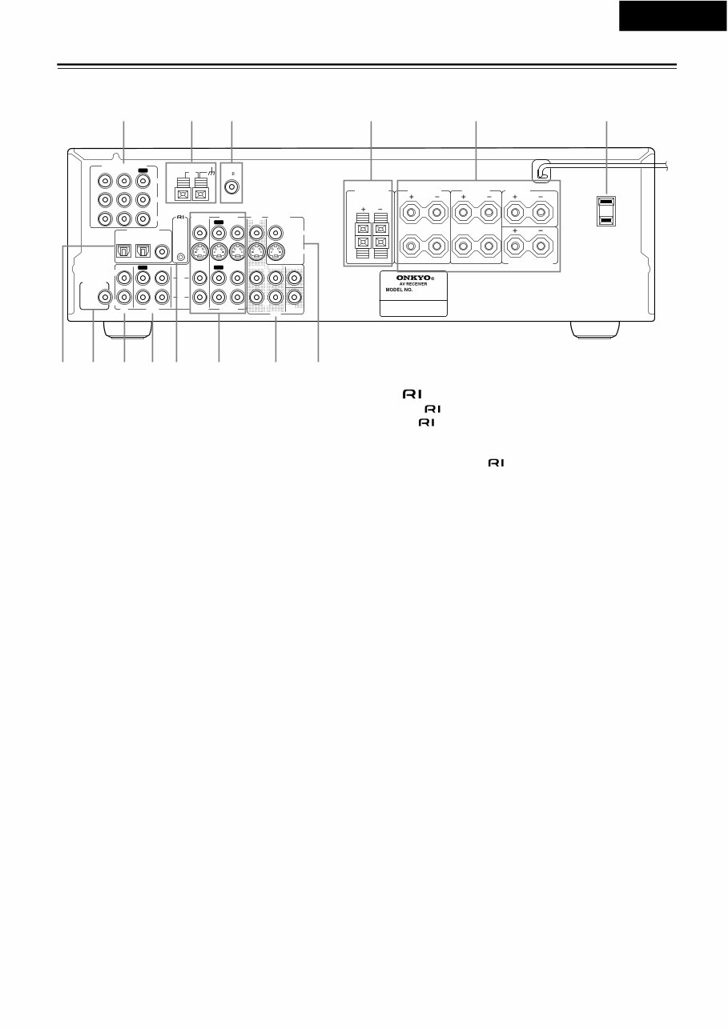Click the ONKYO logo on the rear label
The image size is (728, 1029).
pos(412,278)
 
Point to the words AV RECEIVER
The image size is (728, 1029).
pos(412,285)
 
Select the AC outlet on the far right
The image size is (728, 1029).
pos(607,211)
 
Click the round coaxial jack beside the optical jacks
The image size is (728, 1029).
pos(163,251)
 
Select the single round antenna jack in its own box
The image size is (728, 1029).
pos(231,188)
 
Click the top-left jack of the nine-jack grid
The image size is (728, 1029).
pos(103,181)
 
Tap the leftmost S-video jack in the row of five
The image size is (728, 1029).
pos(197,251)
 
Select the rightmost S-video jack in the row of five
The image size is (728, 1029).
pos(275,251)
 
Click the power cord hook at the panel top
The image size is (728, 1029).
pos(542,169)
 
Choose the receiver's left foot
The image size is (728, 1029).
pos(126,330)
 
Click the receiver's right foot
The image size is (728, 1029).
pos(594,330)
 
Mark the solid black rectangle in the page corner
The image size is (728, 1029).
pos(673,16)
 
